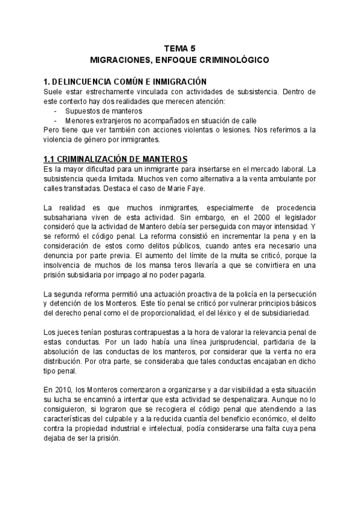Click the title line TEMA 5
[x=179, y=49]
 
